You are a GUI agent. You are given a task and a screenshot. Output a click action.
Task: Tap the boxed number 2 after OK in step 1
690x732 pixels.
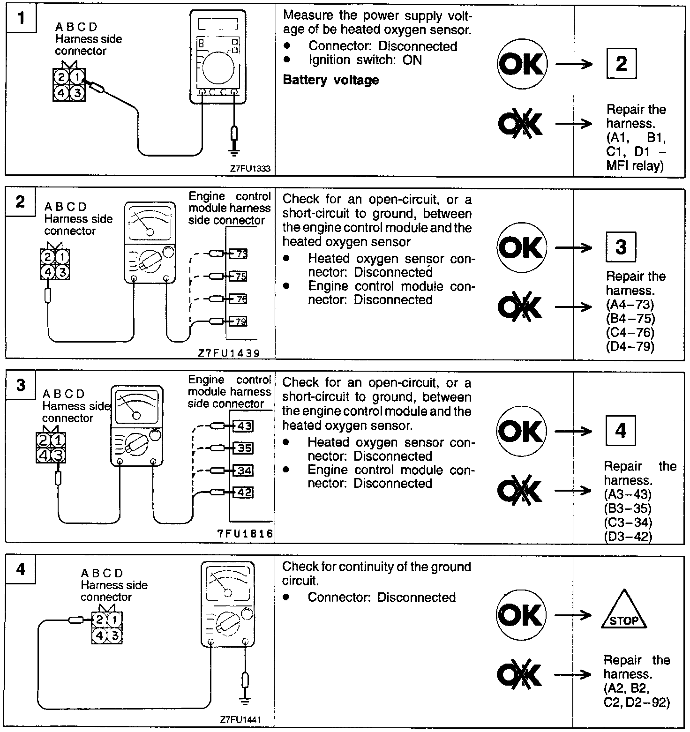pyautogui.click(x=621, y=63)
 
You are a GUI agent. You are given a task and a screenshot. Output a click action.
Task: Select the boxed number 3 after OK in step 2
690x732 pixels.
pyautogui.click(x=621, y=246)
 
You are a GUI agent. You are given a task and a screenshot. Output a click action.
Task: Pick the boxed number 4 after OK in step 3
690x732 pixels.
pyautogui.click(x=621, y=430)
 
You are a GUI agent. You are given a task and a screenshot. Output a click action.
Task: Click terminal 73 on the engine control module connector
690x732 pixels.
pyautogui.click(x=240, y=254)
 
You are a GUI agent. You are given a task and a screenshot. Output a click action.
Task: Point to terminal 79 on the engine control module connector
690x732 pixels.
pyautogui.click(x=240, y=321)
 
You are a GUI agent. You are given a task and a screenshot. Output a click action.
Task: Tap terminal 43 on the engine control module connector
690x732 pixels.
pyautogui.click(x=243, y=426)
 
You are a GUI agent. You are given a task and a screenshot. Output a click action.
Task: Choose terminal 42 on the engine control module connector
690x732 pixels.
pyautogui.click(x=243, y=492)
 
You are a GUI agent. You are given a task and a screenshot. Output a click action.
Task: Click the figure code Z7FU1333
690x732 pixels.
pyautogui.click(x=250, y=169)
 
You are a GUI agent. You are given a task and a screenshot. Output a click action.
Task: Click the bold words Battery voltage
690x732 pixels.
pyautogui.click(x=331, y=80)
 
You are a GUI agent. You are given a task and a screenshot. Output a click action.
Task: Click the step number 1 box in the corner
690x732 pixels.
pyautogui.click(x=21, y=19)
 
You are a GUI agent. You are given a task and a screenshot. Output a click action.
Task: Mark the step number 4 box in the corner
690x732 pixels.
pyautogui.click(x=21, y=569)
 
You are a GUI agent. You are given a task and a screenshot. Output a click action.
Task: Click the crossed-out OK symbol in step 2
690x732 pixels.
pyautogui.click(x=520, y=307)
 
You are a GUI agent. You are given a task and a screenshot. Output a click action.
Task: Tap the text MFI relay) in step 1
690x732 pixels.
pyautogui.click(x=635, y=166)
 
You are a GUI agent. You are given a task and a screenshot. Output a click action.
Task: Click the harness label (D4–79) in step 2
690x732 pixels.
pyautogui.click(x=630, y=347)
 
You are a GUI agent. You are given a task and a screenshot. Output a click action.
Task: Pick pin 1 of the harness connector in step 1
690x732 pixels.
pyautogui.click(x=77, y=76)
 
